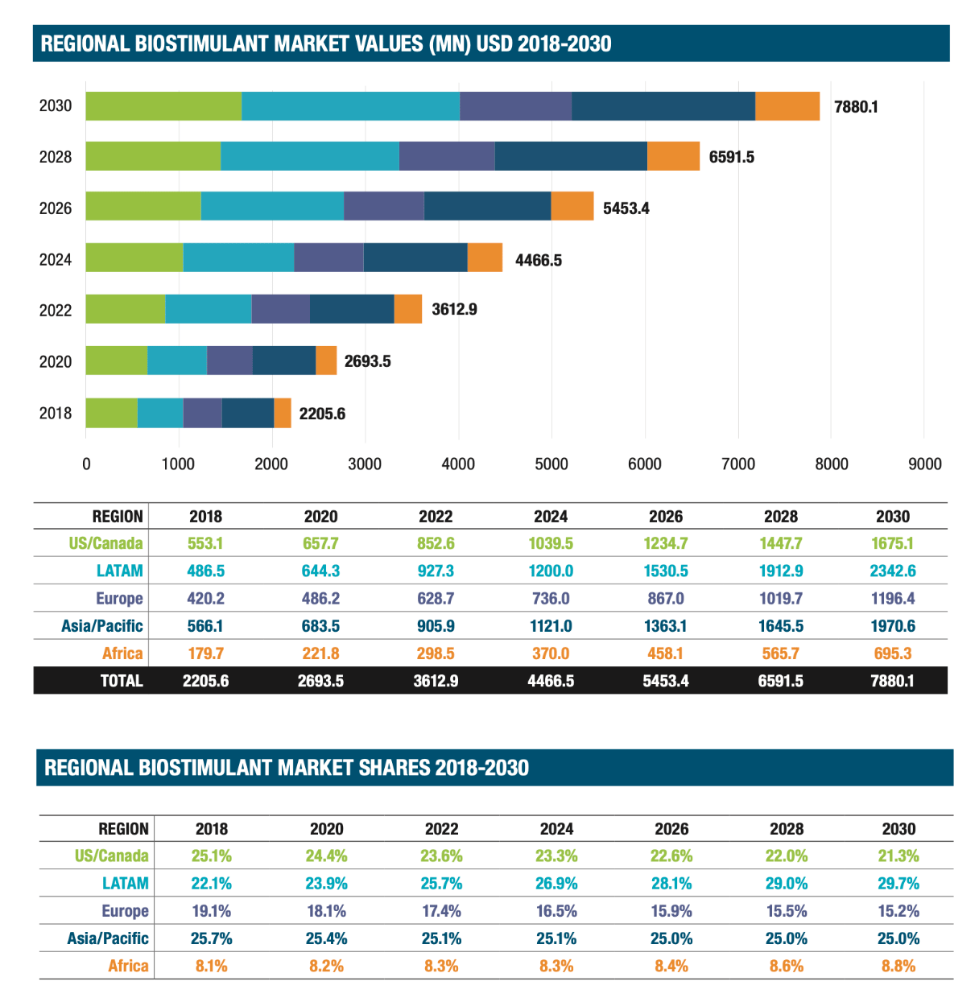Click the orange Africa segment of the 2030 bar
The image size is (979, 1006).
coord(787,106)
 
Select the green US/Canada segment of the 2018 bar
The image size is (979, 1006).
coord(111,413)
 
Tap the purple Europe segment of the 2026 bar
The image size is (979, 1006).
coord(383,206)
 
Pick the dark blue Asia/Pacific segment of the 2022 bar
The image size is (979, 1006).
coord(352,309)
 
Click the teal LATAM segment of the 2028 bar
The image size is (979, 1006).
coord(309,156)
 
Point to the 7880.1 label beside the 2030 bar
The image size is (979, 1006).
coord(856,107)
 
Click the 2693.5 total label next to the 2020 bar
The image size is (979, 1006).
coord(367,361)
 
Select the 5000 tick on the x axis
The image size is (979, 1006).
coord(551,464)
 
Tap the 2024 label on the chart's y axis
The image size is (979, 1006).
coord(56,259)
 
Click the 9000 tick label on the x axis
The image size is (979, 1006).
coord(924,464)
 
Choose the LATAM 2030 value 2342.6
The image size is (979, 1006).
coord(893,571)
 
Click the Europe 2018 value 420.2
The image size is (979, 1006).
coord(205,598)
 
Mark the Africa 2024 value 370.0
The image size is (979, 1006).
coord(551,653)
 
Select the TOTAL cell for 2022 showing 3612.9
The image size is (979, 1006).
coord(436,681)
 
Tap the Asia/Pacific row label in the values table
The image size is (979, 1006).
coord(102,626)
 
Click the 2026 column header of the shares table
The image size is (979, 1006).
coord(671,829)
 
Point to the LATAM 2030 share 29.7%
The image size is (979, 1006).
coord(898,884)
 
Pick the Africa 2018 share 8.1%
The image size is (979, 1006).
coord(211,966)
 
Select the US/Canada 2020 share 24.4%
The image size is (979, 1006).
coord(326,856)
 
